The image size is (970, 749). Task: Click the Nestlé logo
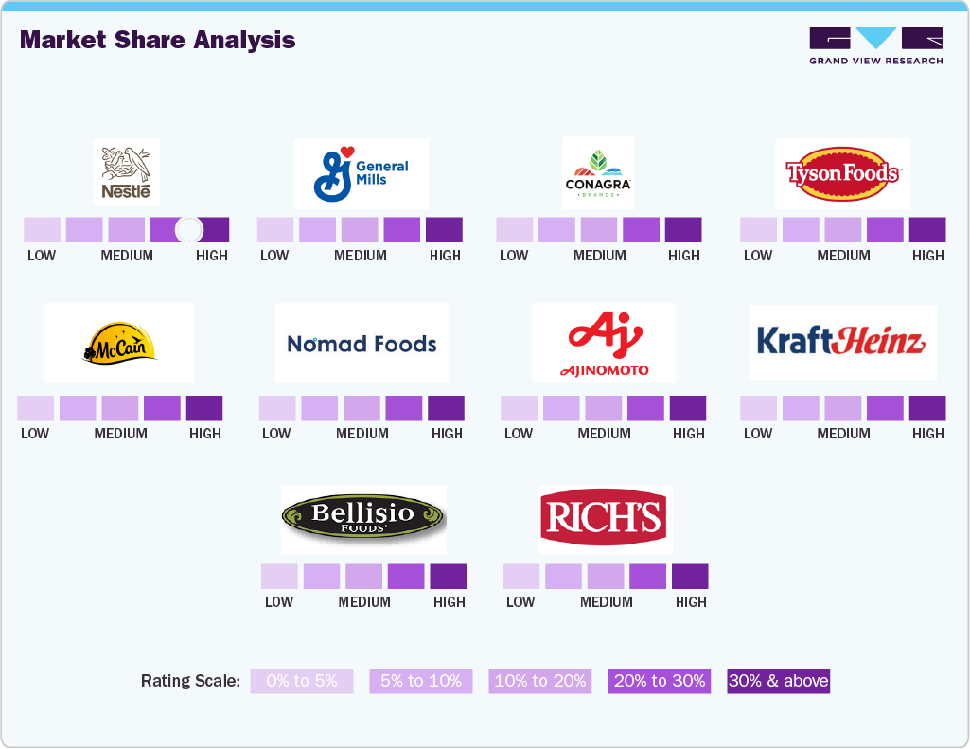126,172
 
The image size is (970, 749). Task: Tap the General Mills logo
361,173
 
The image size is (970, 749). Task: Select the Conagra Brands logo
598,172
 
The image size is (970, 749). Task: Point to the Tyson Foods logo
842,173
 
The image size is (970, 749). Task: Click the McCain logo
120,343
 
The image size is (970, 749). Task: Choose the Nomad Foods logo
362,343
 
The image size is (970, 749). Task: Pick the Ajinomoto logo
604,343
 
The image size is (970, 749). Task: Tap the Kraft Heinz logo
842,342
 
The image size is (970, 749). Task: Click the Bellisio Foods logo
363,518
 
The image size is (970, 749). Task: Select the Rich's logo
606,519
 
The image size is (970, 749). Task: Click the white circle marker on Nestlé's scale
189,229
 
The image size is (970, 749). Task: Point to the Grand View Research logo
876,46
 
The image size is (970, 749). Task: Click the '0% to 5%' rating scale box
301,681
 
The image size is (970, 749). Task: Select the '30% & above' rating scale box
779,681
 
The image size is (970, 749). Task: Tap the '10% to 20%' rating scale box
539,681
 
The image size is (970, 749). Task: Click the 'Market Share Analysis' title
157,40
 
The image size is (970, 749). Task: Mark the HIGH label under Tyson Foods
928,255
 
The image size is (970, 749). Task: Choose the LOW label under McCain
35,433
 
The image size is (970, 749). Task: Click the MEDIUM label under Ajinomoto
604,433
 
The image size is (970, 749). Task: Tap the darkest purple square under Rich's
690,576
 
